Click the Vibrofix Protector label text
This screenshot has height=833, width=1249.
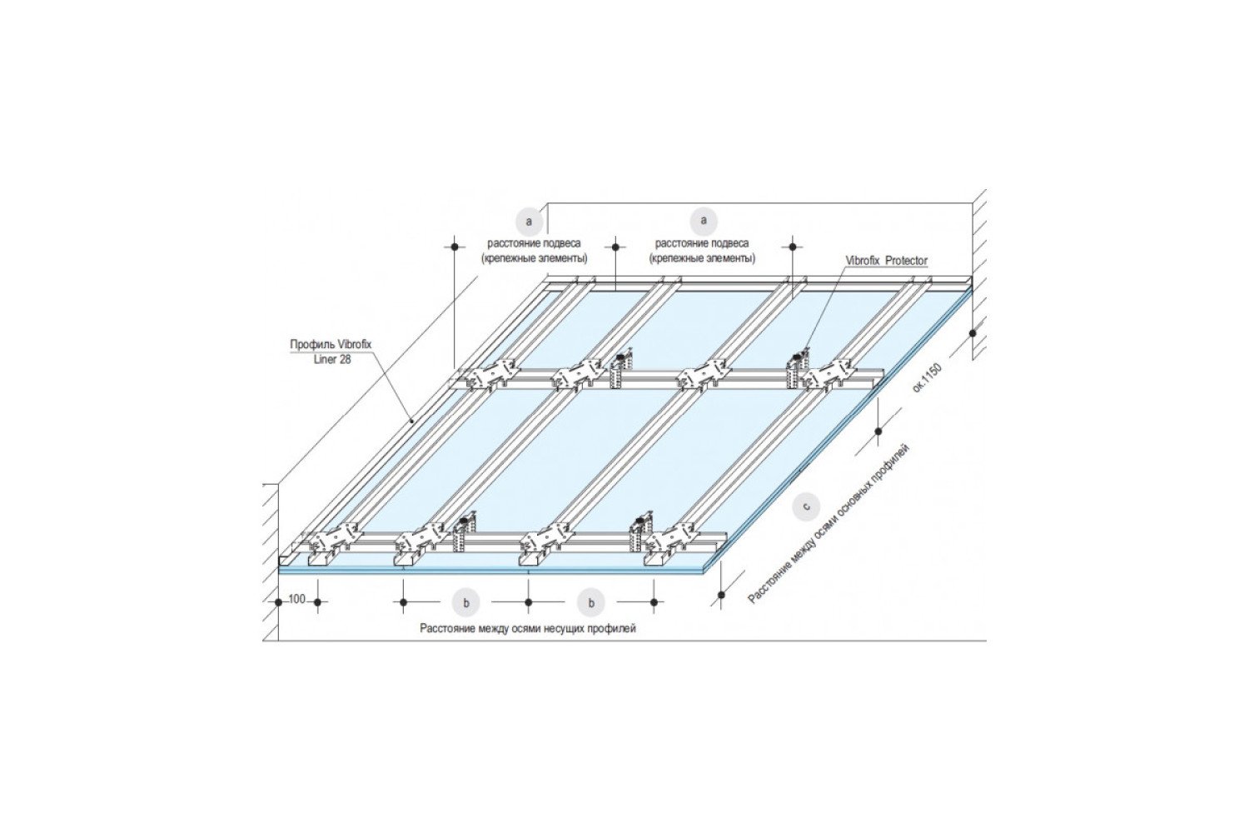click(887, 261)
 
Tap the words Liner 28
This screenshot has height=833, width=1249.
click(332, 360)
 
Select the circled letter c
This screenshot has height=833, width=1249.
click(805, 506)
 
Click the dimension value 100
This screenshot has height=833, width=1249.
click(297, 599)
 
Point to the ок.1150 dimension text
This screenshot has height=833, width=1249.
click(927, 378)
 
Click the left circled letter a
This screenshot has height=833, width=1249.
click(529, 222)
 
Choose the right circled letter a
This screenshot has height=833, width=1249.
click(704, 221)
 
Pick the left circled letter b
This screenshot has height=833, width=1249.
click(466, 602)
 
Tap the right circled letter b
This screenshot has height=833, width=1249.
click(591, 602)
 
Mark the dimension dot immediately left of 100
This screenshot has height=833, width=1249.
click(278, 602)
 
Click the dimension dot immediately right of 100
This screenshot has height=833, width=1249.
click(318, 602)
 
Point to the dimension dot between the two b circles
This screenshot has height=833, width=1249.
click(529, 602)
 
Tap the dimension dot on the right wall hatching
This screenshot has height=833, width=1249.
click(973, 333)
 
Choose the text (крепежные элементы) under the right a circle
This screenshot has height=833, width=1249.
click(702, 259)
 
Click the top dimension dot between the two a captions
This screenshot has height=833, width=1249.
click(615, 246)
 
